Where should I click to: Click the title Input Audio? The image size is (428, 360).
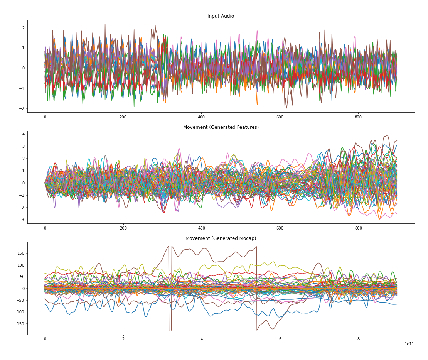(221, 16)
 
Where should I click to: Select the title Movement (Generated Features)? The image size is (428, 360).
(221, 127)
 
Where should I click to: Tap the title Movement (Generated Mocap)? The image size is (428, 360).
(221, 238)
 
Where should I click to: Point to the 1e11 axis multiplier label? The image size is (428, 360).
(409, 344)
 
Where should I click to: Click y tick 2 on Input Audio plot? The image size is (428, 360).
(23, 28)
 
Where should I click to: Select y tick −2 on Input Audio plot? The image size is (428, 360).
(22, 108)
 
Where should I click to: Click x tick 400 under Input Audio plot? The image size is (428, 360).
(201, 117)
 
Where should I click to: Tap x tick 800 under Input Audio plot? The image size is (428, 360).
(358, 117)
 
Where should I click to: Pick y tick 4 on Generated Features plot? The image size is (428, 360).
(23, 134)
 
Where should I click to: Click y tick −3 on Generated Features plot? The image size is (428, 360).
(22, 220)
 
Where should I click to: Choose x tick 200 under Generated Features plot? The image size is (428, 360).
(123, 228)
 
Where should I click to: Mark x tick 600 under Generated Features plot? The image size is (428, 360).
(280, 228)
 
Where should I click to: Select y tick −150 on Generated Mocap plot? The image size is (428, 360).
(20, 323)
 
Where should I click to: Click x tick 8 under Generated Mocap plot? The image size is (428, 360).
(358, 339)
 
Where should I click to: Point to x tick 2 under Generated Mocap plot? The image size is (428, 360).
(123, 339)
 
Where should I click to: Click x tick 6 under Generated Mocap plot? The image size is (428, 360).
(280, 339)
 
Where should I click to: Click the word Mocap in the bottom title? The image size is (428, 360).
(247, 238)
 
